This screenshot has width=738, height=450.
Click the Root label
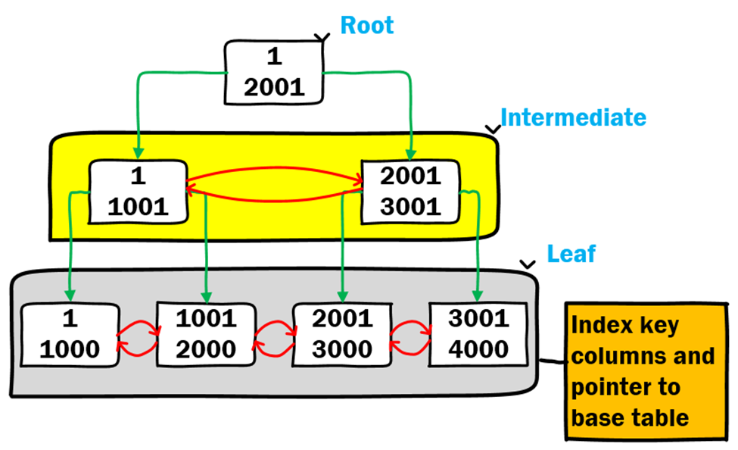point(367,25)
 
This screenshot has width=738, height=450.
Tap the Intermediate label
point(574,117)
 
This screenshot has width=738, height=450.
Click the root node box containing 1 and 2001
point(275,73)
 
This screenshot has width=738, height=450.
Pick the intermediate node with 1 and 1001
point(138,191)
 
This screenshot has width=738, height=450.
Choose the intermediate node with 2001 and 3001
point(410,191)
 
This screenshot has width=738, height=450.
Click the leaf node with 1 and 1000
point(70,333)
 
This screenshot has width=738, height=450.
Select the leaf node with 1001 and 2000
point(205,333)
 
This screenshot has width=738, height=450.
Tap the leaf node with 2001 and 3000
point(342,333)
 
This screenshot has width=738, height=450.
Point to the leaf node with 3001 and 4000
point(478,333)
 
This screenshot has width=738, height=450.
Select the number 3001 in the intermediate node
point(410,206)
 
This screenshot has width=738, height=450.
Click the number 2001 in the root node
point(275,87)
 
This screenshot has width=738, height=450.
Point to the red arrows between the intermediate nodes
point(274,185)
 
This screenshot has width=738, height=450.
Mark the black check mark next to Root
point(324,36)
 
